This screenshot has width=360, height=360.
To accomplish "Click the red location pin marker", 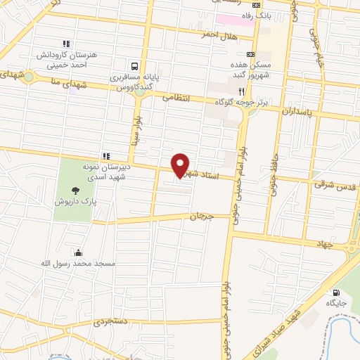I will (x=181, y=164).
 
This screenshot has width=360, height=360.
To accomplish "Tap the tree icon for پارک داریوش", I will (x=75, y=189).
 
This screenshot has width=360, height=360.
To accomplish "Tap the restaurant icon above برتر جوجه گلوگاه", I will (x=242, y=91).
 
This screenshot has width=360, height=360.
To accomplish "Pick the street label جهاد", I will (x=326, y=243).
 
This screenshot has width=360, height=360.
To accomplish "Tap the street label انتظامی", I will (x=176, y=99).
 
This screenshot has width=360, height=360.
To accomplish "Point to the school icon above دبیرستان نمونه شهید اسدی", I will (x=106, y=155).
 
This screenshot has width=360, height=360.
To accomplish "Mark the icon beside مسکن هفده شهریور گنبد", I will (x=251, y=54).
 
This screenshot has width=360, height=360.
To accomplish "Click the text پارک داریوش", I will (x=75, y=201).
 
